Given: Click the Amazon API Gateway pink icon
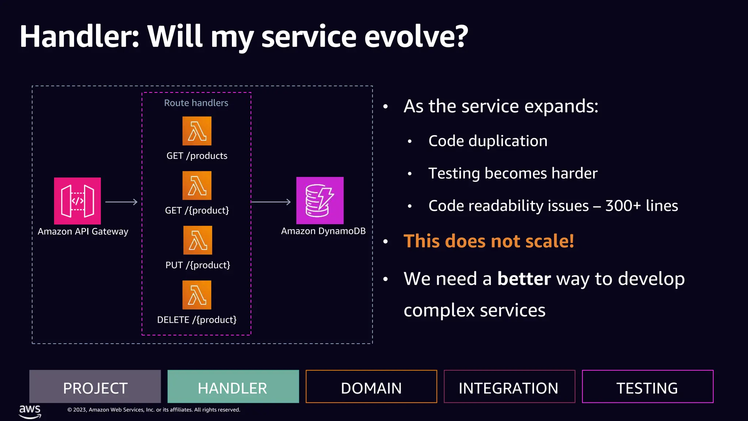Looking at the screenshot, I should pyautogui.click(x=77, y=201).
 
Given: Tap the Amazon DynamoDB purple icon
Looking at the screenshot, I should pyautogui.click(x=320, y=200).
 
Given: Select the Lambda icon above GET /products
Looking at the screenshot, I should pyautogui.click(x=197, y=131).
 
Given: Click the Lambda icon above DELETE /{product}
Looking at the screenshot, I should pyautogui.click(x=197, y=295).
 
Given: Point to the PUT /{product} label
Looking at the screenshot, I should pyautogui.click(x=198, y=265).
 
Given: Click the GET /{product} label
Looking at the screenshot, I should pyautogui.click(x=197, y=210).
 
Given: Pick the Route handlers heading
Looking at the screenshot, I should pyautogui.click(x=196, y=103).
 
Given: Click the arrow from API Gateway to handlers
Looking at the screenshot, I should pyautogui.click(x=121, y=202).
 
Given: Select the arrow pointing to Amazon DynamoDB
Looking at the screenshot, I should pyautogui.click(x=271, y=202).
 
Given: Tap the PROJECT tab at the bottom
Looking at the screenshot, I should pyautogui.click(x=95, y=387).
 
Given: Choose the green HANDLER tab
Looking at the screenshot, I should pyautogui.click(x=233, y=387).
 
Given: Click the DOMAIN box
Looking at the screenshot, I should pyautogui.click(x=371, y=387).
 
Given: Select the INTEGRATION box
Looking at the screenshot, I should pyautogui.click(x=509, y=387).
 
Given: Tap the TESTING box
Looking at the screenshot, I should pyautogui.click(x=647, y=387).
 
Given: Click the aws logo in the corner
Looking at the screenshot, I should pyautogui.click(x=30, y=411).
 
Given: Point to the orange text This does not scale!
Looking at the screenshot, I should pyautogui.click(x=488, y=241).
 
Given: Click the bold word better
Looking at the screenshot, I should pyautogui.click(x=524, y=279).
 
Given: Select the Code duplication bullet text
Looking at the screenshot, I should pyautogui.click(x=488, y=141).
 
